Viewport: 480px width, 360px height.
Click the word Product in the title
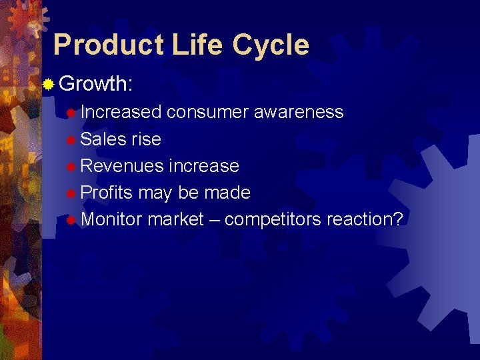click(x=108, y=45)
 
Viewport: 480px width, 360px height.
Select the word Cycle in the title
click(x=271, y=45)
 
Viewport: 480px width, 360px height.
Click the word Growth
click(x=96, y=84)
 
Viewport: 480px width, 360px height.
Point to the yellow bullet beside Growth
click(x=48, y=85)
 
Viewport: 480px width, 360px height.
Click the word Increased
click(x=121, y=112)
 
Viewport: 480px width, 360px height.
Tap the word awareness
click(x=299, y=112)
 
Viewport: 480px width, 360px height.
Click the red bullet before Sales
click(x=71, y=139)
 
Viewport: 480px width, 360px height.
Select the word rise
click(x=147, y=139)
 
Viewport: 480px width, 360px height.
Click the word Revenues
click(x=122, y=165)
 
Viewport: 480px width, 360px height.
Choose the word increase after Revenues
click(x=204, y=165)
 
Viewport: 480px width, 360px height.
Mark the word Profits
click(x=107, y=193)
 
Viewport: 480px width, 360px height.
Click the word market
click(x=175, y=219)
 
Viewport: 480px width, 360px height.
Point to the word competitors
click(x=273, y=219)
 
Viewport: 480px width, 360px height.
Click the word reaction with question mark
click(x=365, y=219)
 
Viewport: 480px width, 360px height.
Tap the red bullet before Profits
click(x=71, y=193)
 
